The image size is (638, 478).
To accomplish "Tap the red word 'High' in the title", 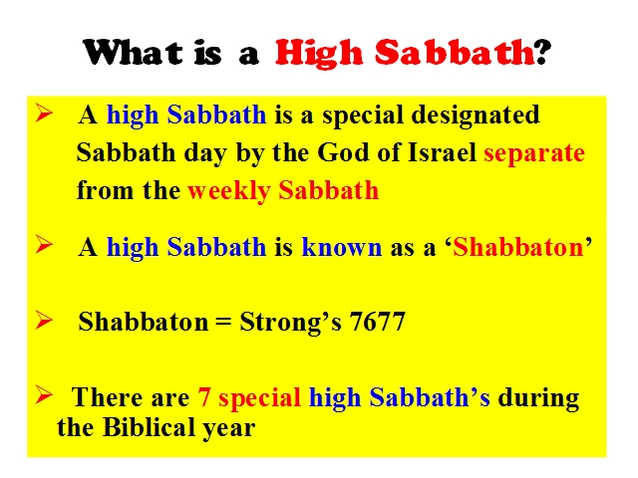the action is click(319, 54).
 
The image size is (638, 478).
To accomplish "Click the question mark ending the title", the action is click(542, 52).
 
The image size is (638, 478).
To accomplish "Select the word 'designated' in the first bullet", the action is click(476, 116).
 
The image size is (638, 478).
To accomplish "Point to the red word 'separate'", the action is click(534, 154).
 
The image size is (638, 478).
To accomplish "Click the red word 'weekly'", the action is click(229, 191).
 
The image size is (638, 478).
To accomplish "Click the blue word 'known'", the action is click(341, 247).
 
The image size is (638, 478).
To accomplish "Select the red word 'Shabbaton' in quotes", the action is click(518, 247).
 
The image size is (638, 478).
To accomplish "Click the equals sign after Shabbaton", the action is click(222, 323).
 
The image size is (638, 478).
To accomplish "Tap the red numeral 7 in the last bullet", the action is click(203, 397).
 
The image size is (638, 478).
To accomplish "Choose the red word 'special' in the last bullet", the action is click(259, 398).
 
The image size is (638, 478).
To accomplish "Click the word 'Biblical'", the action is click(149, 427).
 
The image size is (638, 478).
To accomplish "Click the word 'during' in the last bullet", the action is click(538, 398).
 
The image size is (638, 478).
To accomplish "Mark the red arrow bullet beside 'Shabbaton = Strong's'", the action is click(44, 320).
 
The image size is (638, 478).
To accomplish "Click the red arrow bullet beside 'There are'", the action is click(44, 394).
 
